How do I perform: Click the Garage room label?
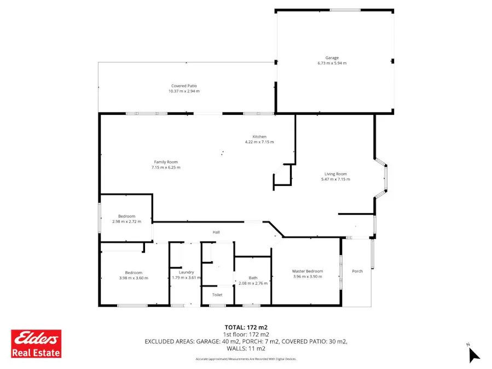(x=332, y=58)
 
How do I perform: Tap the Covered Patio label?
(x=184, y=86)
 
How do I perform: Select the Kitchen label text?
(x=259, y=137)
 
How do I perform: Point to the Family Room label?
(x=166, y=162)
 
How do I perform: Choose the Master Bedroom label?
(x=308, y=271)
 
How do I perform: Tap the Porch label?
(x=357, y=271)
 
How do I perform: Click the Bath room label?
(x=253, y=278)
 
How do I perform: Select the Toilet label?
(x=217, y=295)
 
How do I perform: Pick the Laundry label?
(x=187, y=272)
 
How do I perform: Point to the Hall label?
(x=216, y=232)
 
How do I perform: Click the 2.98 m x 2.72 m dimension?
(x=126, y=221)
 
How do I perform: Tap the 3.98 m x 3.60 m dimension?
(x=134, y=278)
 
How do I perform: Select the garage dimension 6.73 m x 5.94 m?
(x=332, y=63)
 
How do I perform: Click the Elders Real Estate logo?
(x=37, y=343)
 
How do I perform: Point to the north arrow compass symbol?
(x=473, y=354)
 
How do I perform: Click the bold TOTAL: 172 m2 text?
(x=246, y=327)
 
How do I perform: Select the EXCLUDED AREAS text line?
(x=246, y=341)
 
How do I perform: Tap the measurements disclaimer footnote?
(x=246, y=359)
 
